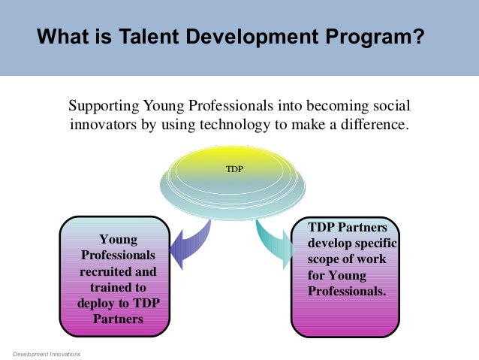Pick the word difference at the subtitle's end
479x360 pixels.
[375, 124]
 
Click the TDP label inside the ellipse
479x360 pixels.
[235, 170]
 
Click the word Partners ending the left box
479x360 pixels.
[119, 319]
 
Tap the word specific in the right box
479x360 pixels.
[375, 244]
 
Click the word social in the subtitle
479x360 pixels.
[393, 106]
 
